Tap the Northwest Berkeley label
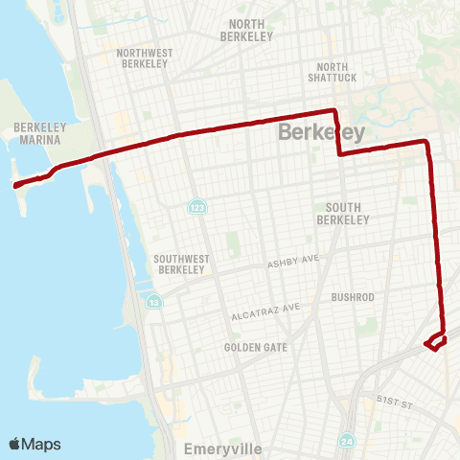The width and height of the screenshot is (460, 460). click(142, 58)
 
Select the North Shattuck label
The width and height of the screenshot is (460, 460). click(331, 73)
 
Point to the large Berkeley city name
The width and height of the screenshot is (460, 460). click(321, 133)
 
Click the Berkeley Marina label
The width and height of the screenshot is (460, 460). click(37, 133)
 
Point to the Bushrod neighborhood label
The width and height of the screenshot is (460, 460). click(352, 297)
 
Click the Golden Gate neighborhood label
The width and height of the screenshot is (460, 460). click(255, 347)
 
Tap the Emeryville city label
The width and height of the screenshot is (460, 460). click(218, 447)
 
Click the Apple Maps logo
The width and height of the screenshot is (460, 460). click(34, 444)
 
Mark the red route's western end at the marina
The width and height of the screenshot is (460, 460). click(16, 186)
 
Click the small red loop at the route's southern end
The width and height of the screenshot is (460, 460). click(436, 342)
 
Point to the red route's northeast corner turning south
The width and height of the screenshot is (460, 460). click(427, 143)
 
